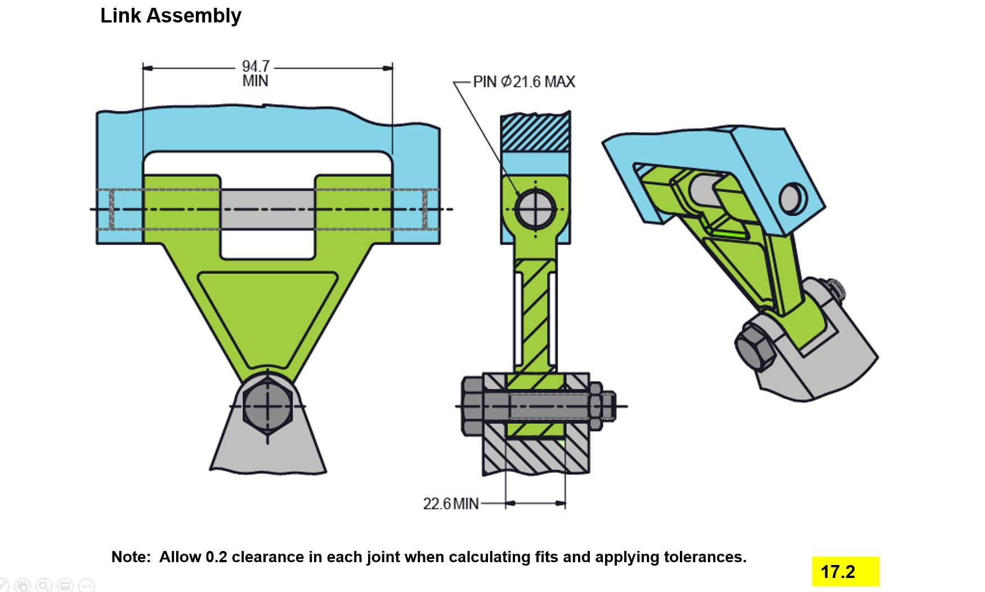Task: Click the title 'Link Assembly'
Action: pos(171,16)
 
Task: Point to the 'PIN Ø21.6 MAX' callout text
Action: pos(523,82)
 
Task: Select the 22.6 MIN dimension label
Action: pos(451,503)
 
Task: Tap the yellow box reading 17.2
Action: pos(845,572)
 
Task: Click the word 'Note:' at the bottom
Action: pos(131,557)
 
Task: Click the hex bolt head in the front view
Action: pos(267,406)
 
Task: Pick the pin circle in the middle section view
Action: pos(535,209)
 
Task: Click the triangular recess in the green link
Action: pos(267,309)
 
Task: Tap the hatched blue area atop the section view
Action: pos(535,132)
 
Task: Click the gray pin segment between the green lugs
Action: pos(267,209)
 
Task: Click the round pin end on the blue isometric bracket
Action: pos(793,198)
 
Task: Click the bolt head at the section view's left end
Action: pos(472,406)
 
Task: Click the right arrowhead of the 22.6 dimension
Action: pos(561,503)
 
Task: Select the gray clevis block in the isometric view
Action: pos(833,360)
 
